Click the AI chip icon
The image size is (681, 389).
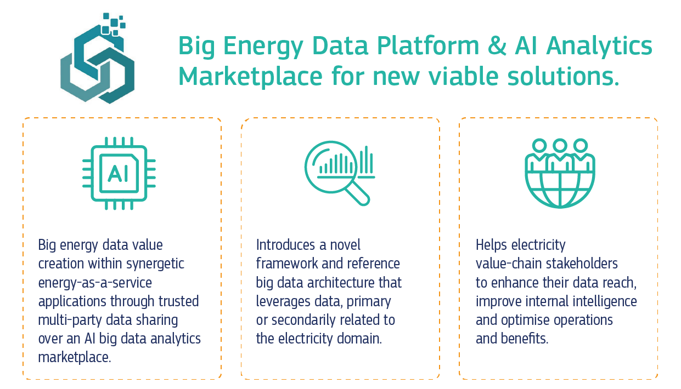(x=119, y=173)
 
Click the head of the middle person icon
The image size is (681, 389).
(x=560, y=145)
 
